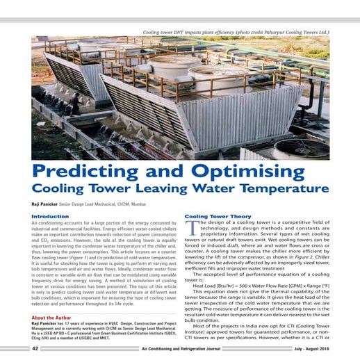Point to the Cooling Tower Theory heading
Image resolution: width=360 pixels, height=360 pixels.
(x=217, y=217)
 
